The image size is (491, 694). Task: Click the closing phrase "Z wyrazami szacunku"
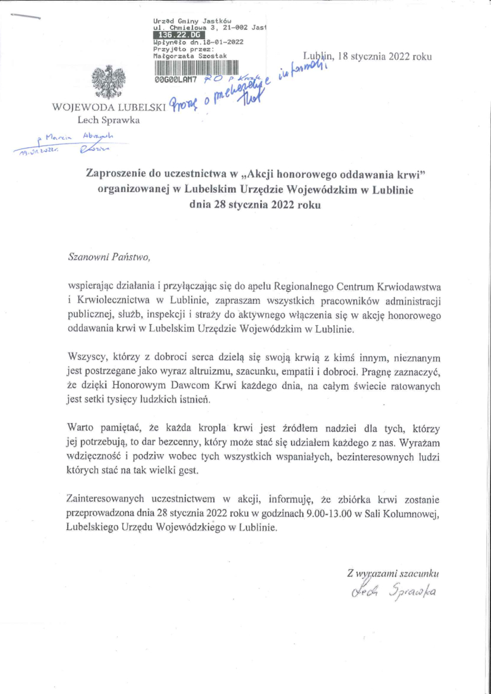click(x=393, y=573)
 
